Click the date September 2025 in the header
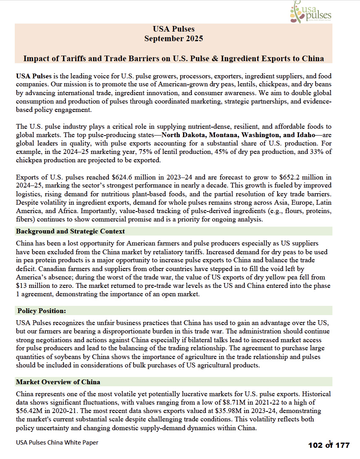173,39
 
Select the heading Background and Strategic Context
70,231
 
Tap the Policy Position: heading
42,311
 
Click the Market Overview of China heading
58,382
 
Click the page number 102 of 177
328,445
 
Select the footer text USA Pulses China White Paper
57,442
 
